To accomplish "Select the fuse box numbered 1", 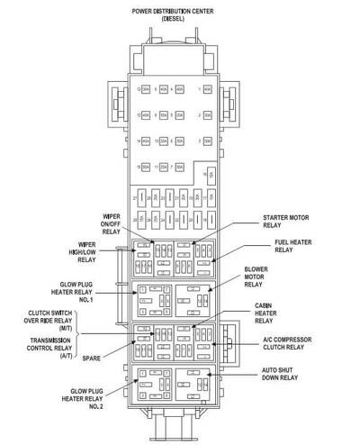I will pos(207,91).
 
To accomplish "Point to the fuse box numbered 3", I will pos(207,142).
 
